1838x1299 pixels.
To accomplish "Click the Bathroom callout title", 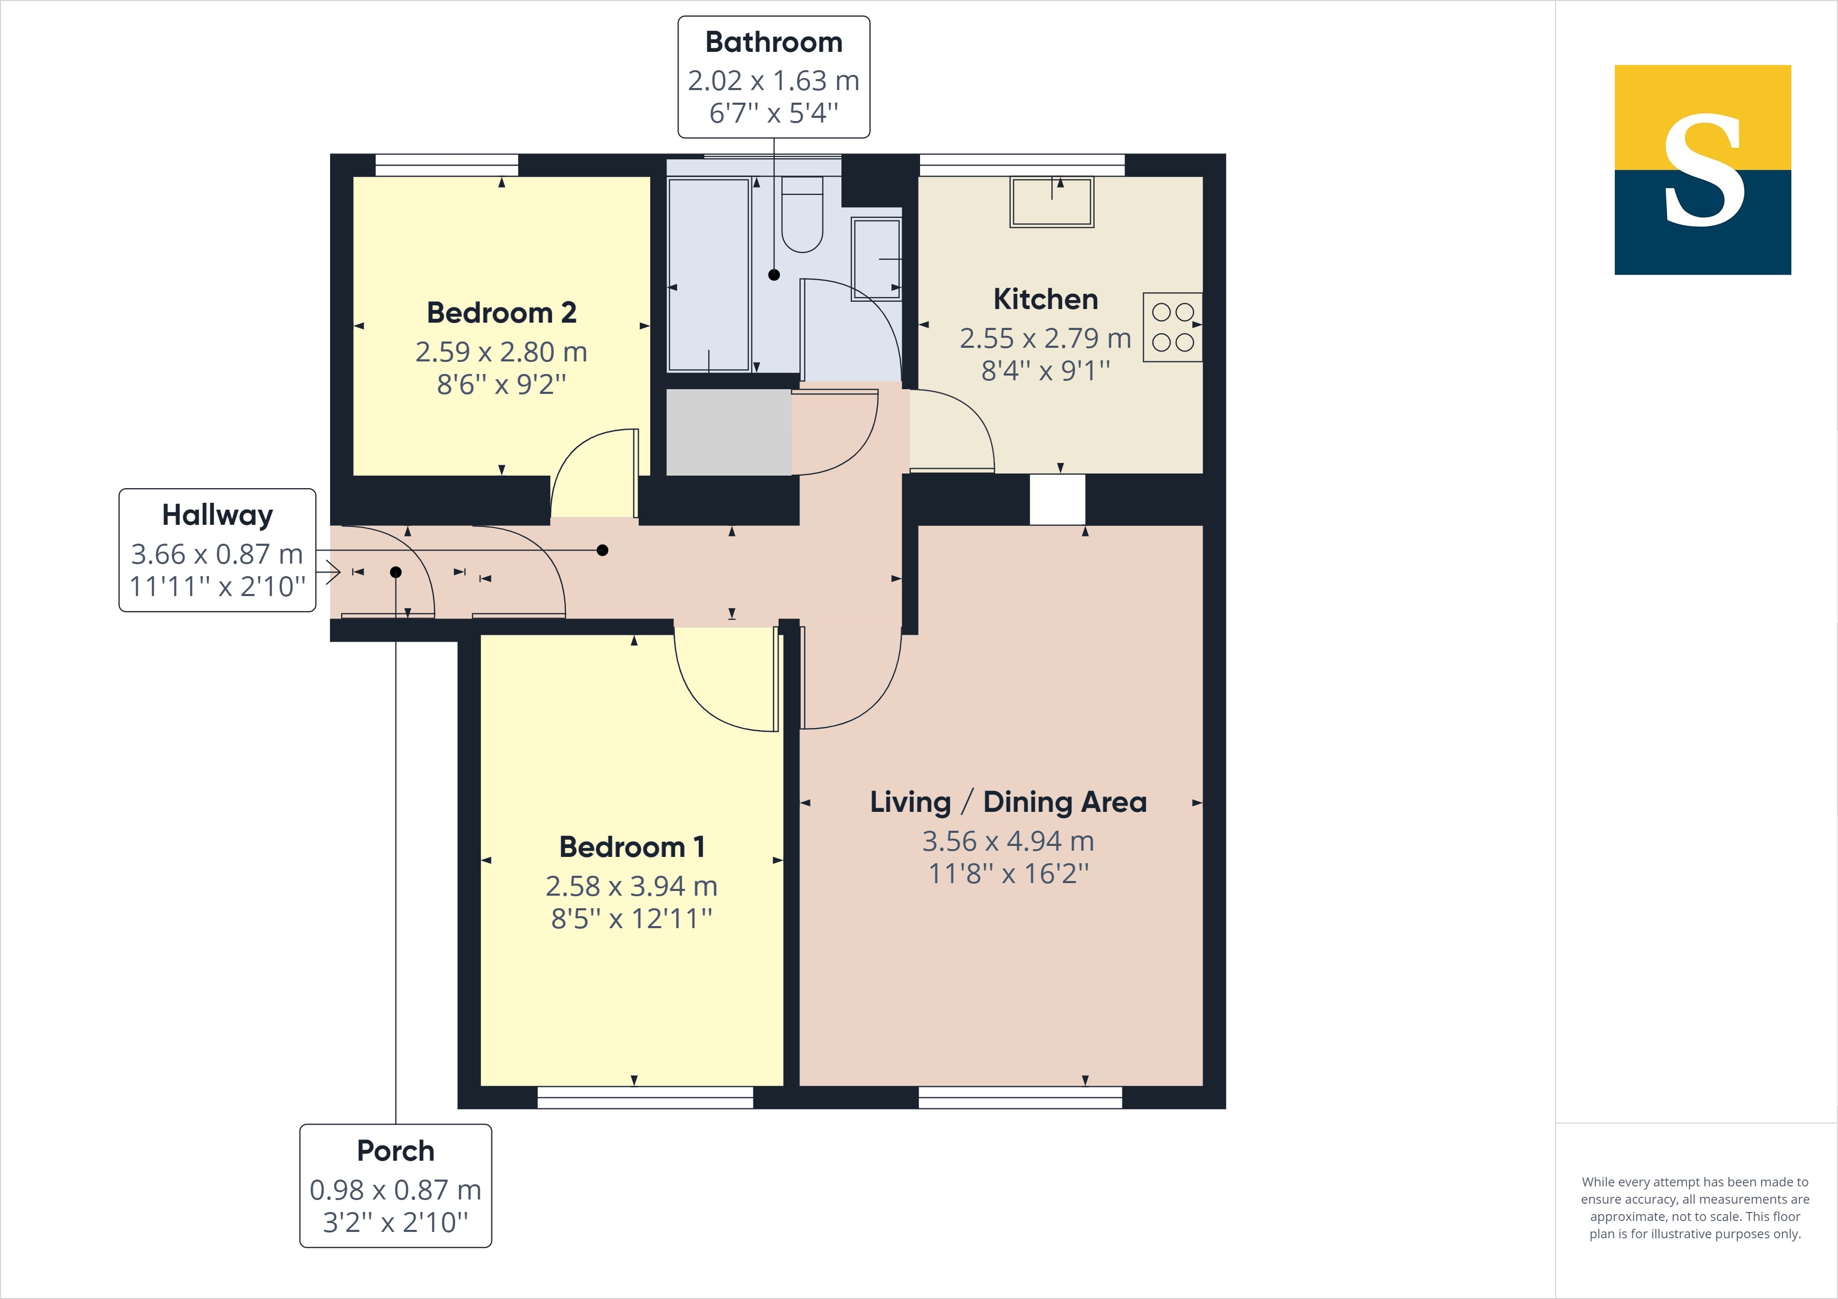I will pyautogui.click(x=773, y=42).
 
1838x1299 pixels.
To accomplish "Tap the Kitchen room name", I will pyautogui.click(x=1045, y=299).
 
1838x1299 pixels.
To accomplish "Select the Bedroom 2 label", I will pyautogui.click(x=501, y=313).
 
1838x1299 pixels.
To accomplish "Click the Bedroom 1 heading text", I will pyautogui.click(x=631, y=847).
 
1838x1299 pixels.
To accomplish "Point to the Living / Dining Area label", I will pyautogui.click(x=1008, y=802).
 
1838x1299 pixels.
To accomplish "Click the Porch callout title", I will pyautogui.click(x=396, y=1151).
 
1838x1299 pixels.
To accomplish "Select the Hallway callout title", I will pyautogui.click(x=217, y=515).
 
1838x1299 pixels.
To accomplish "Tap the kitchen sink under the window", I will pyautogui.click(x=1051, y=203).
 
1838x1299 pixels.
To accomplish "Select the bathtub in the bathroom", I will pyautogui.click(x=708, y=274).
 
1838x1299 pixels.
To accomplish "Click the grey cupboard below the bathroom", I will pyautogui.click(x=728, y=432).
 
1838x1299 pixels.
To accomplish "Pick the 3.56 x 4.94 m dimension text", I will pyautogui.click(x=1008, y=841).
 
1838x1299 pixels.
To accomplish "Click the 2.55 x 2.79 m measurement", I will pyautogui.click(x=1045, y=338).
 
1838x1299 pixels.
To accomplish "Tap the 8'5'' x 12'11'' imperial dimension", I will pyautogui.click(x=631, y=919).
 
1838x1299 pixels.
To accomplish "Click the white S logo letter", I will pyautogui.click(x=1703, y=170).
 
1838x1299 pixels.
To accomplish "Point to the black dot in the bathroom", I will pyautogui.click(x=773, y=274).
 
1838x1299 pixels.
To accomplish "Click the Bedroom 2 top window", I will pyautogui.click(x=447, y=165).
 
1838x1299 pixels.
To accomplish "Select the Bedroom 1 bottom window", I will pyautogui.click(x=644, y=1097).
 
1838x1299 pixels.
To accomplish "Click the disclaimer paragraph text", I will pyautogui.click(x=1695, y=1208).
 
